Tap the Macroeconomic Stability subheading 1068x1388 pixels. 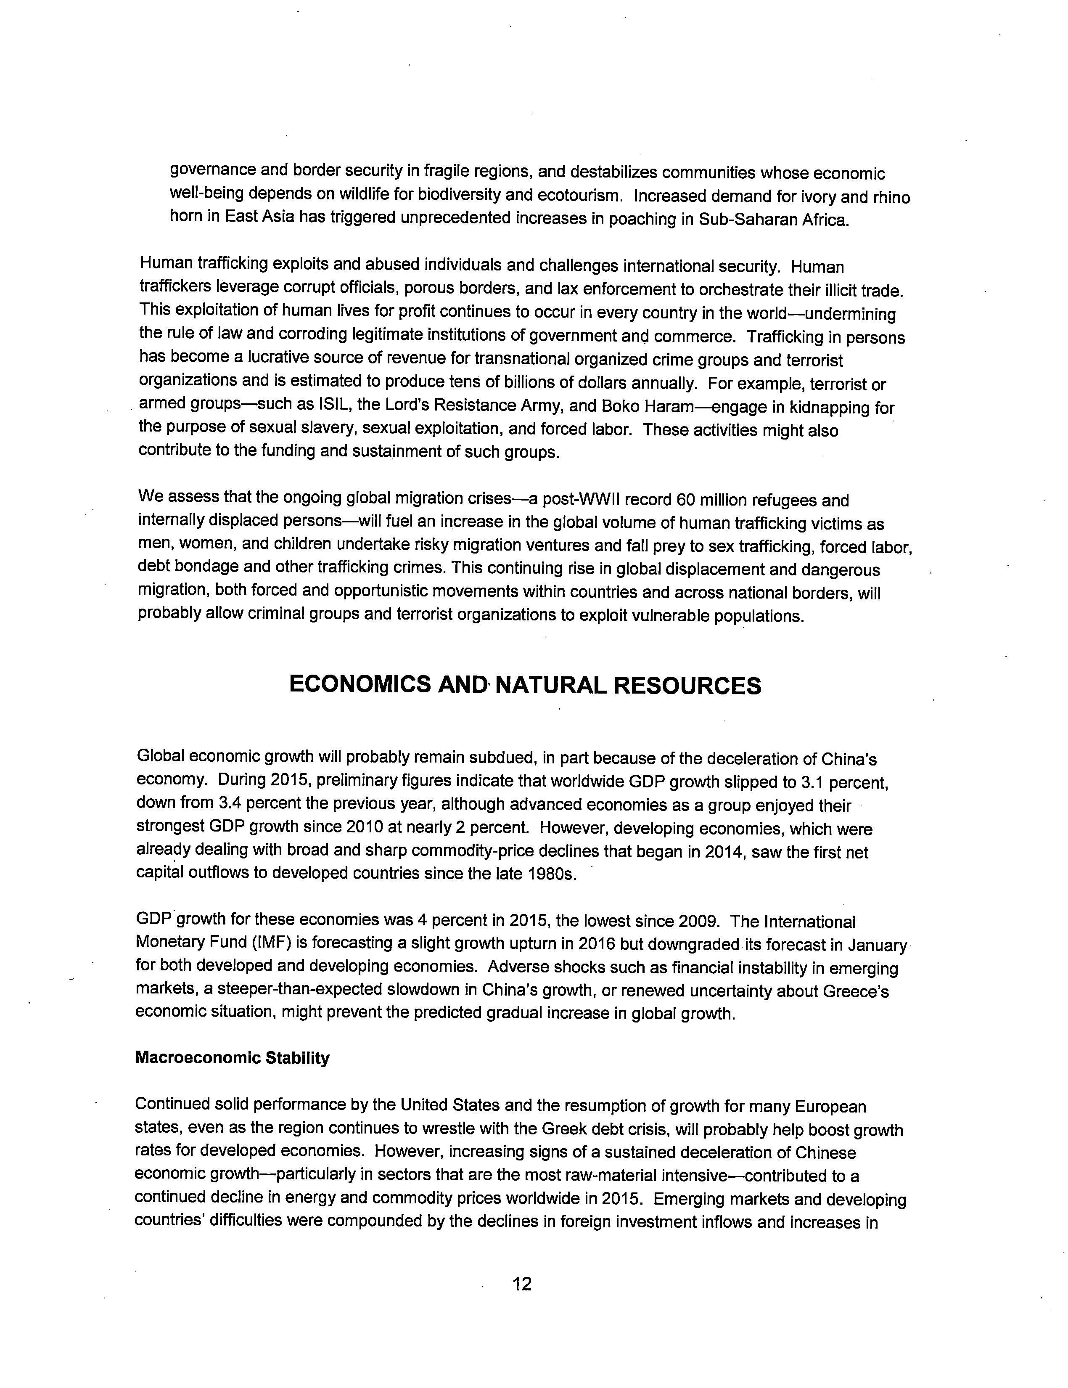tap(233, 1058)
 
